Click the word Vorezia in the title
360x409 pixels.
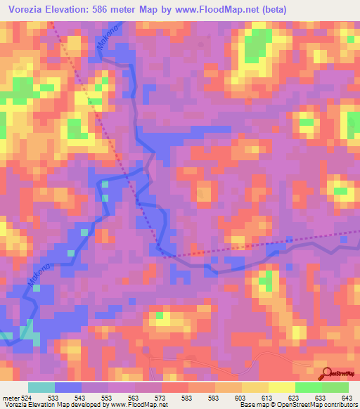click(30, 9)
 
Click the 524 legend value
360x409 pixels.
click(27, 398)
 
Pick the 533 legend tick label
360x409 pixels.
click(54, 398)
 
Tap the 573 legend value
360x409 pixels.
click(162, 398)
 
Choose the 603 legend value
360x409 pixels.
click(242, 398)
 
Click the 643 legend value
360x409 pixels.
click(348, 398)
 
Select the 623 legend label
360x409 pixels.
click(295, 398)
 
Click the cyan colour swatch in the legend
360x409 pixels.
click(41, 387)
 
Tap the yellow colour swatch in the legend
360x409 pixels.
click(282, 387)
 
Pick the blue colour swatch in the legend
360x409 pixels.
click(68, 387)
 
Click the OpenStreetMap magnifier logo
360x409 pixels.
click(327, 374)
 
